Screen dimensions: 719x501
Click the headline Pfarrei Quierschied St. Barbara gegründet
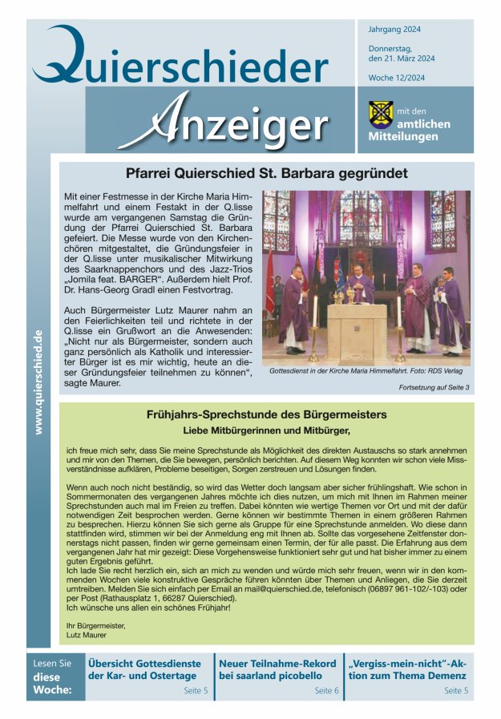267,173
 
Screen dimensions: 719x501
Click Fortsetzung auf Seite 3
434,388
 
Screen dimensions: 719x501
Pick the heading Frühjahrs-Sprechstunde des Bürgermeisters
267,414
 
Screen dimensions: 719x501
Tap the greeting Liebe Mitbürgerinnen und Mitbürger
267,430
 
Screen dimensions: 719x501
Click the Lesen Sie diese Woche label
54,677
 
